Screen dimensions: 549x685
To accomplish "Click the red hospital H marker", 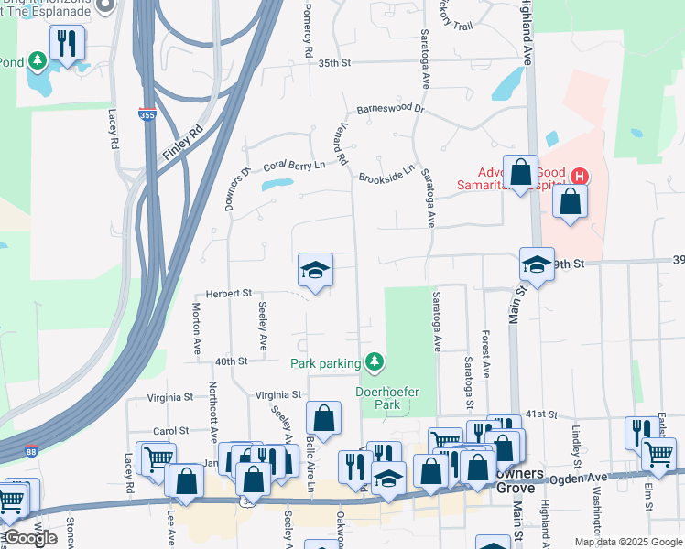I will tap(579, 177).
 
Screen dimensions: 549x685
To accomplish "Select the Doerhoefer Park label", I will tap(386, 398).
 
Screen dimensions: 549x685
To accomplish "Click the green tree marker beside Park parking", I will tap(374, 363).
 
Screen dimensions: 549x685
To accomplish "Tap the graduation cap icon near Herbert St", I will tap(315, 271).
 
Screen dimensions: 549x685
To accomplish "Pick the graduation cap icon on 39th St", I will tap(537, 265).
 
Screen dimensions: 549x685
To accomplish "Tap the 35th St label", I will tap(335, 63).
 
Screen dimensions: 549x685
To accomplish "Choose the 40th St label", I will tap(230, 361).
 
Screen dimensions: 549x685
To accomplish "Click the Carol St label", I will tap(170, 430).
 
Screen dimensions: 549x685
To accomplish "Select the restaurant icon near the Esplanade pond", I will tap(66, 43).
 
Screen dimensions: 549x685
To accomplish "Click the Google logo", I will tap(30, 538).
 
